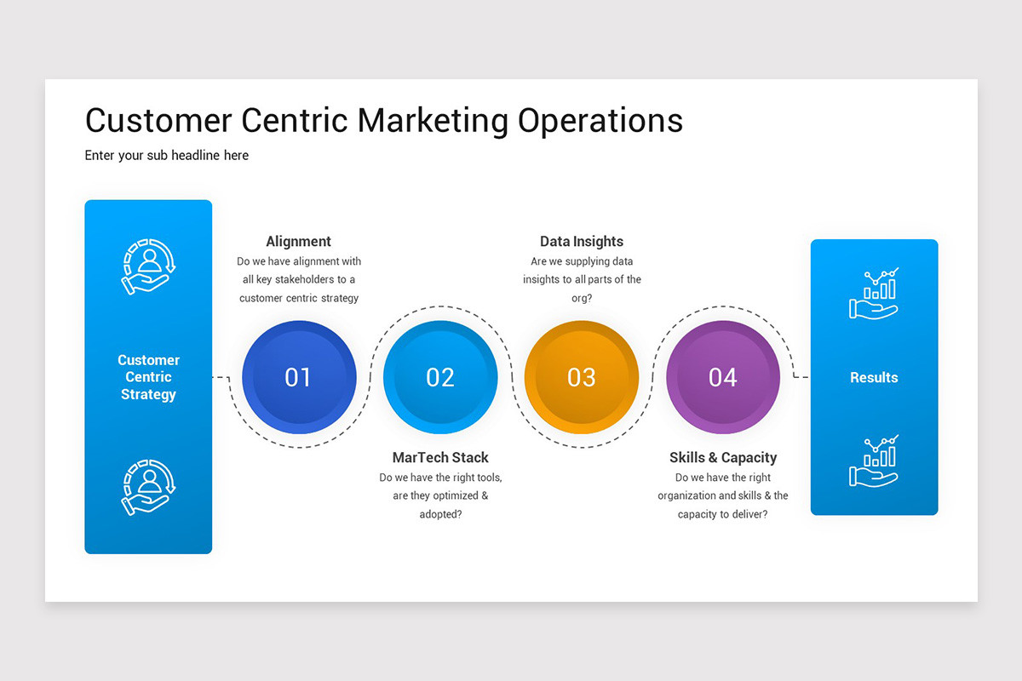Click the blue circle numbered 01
coord(298,377)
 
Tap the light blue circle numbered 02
coord(440,377)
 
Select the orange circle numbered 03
coord(582,377)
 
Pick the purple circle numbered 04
coord(723,377)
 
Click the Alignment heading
coord(298,241)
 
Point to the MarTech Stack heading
coord(440,457)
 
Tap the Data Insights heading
coord(582,241)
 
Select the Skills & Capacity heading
coord(723,457)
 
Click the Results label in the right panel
coord(874,377)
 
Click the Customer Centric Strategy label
coord(148,377)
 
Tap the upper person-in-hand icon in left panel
coord(148,266)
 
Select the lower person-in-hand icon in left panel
coord(148,487)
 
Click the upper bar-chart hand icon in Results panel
coord(874,293)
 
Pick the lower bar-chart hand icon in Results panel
coord(874,461)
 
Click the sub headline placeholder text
coord(167,156)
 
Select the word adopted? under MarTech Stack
coord(440,514)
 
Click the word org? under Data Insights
coord(582,298)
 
